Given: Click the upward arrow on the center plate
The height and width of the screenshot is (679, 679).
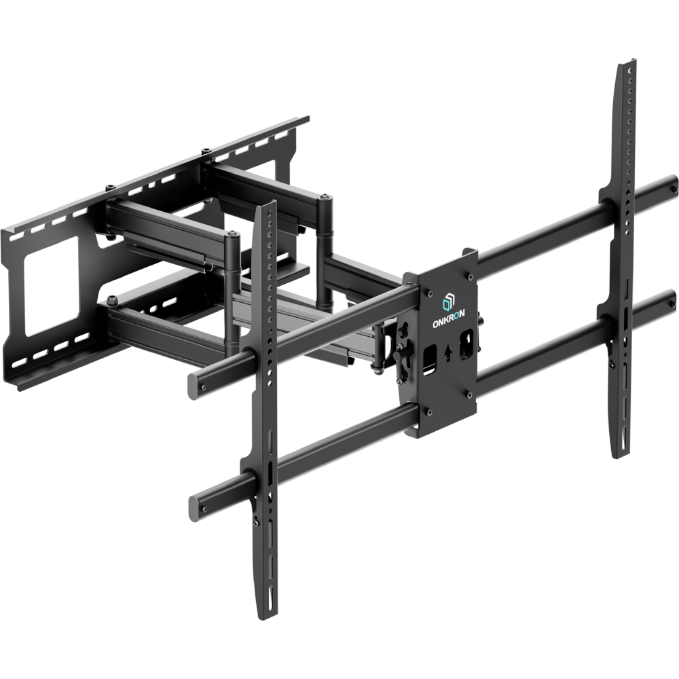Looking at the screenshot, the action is [448, 352].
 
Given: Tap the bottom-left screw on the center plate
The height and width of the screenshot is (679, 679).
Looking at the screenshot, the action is [428, 412].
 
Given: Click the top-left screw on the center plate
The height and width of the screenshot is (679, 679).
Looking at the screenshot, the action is [428, 293].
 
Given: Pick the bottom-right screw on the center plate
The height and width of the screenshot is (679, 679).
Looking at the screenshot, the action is [469, 393].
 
